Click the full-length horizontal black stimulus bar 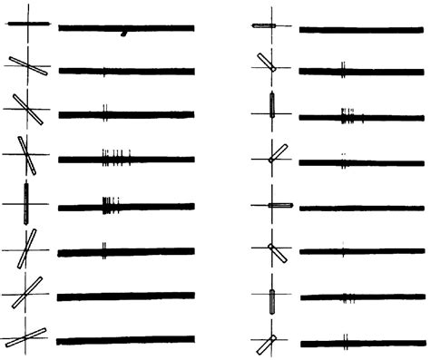[27, 24]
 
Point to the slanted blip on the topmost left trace [123, 34]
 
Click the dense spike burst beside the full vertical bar [109, 205]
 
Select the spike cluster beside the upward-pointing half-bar [348, 116]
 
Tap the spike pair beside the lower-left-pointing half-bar [346, 342]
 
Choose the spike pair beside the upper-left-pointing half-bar [342, 67]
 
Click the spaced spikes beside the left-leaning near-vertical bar [115, 156]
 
